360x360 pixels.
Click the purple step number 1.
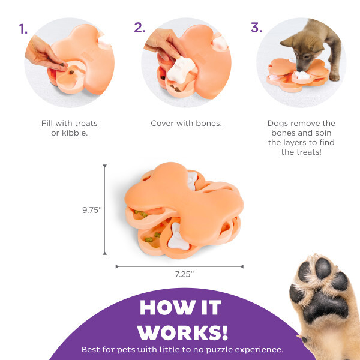tap(23, 29)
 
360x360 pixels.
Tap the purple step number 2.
tap(140, 28)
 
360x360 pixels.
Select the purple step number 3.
tap(256, 28)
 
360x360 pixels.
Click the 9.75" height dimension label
tap(92, 210)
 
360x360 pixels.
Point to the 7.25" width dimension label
tap(184, 274)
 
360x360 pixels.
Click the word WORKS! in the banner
tap(183, 332)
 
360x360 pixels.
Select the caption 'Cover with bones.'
tap(186, 123)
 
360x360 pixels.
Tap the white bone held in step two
tap(181, 70)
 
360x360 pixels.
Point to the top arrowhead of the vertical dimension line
tap(104, 166)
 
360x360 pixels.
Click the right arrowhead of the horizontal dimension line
tap(242, 266)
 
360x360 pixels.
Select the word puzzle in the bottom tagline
tap(219, 350)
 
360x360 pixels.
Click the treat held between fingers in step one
tap(62, 65)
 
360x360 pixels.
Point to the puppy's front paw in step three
tap(334, 77)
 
